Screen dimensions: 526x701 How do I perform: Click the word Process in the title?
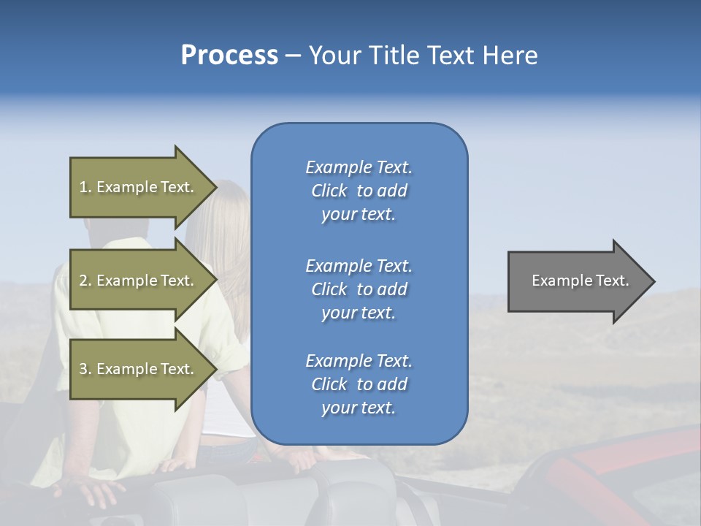click(x=229, y=56)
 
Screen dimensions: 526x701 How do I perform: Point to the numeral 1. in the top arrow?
click(x=85, y=188)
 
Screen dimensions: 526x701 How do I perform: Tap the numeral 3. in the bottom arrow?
click(x=85, y=370)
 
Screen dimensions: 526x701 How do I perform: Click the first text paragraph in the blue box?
click(x=359, y=191)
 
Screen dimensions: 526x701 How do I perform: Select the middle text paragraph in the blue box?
click(x=359, y=289)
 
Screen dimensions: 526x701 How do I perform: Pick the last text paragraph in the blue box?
click(x=359, y=384)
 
